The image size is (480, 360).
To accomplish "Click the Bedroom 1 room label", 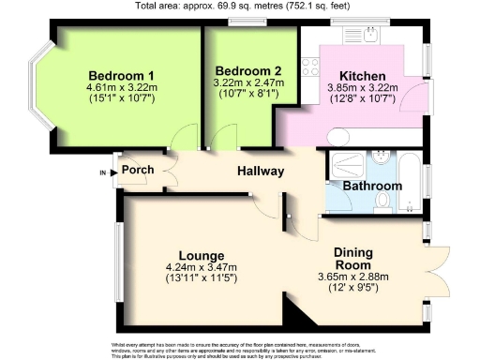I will click(122, 75).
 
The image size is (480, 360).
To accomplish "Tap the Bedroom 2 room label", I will click(247, 71).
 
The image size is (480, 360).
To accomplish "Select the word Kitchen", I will click(363, 75).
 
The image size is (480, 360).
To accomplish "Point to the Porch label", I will click(137, 171).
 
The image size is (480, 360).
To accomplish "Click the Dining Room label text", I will click(361, 258).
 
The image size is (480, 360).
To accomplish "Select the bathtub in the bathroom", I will click(409, 172).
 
